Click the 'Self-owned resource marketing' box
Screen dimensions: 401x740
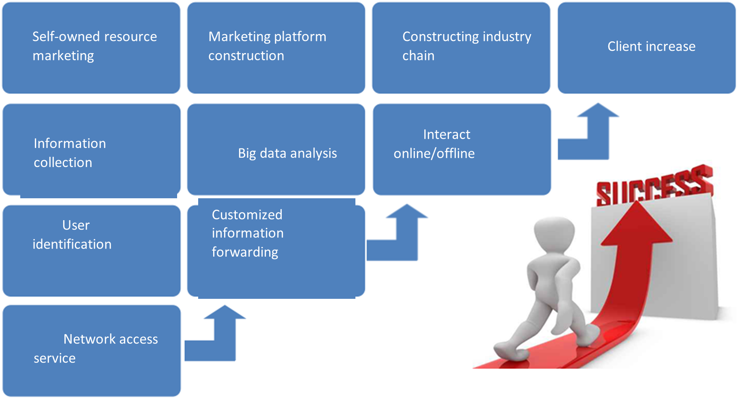pos(91,48)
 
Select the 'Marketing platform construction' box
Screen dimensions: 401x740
pos(276,48)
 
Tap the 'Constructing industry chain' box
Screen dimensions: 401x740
pos(461,48)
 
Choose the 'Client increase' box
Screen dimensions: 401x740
pos(646,48)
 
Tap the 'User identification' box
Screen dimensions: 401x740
pos(91,251)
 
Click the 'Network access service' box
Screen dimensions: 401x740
pos(91,350)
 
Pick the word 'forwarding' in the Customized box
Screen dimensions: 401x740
pos(245,252)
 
